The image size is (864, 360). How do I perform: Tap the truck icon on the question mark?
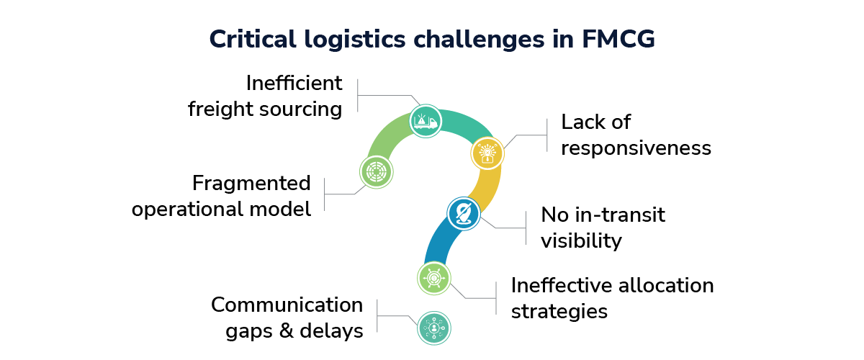[424, 121]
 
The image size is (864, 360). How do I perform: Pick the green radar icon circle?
[375, 172]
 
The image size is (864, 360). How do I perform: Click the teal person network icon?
[433, 328]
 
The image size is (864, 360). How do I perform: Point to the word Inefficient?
[294, 83]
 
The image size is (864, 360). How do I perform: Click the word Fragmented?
[251, 183]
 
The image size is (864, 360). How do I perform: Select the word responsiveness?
[636, 148]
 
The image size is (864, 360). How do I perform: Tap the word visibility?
[581, 240]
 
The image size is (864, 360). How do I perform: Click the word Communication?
[287, 305]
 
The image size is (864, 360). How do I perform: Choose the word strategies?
[559, 311]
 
